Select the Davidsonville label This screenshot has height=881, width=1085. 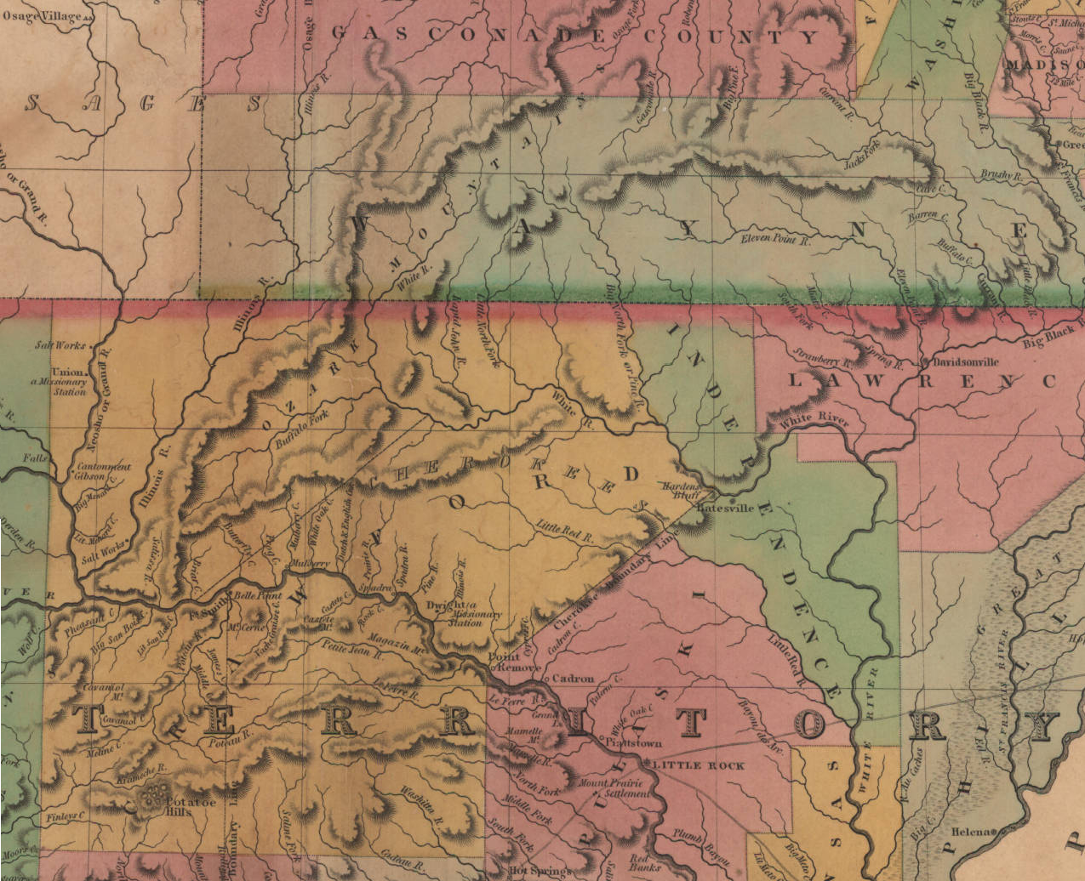(966, 361)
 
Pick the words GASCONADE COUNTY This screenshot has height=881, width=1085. (574, 36)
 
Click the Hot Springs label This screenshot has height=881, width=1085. (537, 871)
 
